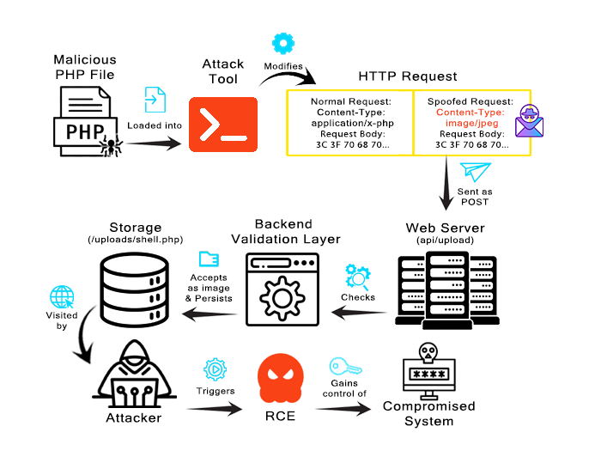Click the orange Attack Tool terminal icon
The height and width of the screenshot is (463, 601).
click(223, 125)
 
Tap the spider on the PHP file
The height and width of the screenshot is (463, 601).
click(111, 146)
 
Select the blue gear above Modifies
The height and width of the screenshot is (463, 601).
click(283, 43)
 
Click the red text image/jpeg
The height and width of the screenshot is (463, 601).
click(472, 123)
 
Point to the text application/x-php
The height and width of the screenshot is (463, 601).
click(353, 123)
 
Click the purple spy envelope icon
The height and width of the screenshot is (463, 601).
click(530, 121)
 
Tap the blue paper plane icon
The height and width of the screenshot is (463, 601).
click(476, 172)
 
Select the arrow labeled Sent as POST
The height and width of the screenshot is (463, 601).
click(446, 183)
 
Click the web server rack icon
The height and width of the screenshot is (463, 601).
click(447, 290)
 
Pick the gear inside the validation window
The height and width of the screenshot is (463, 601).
click(282, 299)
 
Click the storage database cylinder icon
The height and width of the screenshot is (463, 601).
click(135, 289)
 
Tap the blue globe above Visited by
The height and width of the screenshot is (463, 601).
click(62, 297)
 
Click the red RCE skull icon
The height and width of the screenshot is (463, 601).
click(281, 378)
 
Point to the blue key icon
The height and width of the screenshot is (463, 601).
click(345, 366)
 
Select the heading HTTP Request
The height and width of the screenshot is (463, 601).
click(408, 76)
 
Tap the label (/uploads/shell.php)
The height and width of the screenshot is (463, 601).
click(136, 240)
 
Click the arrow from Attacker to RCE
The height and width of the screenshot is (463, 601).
click(215, 409)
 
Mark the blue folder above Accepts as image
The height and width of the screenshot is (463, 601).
click(209, 259)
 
